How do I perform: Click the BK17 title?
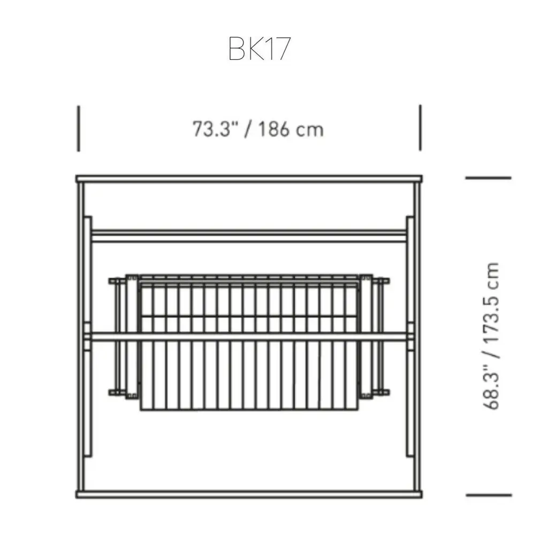260,49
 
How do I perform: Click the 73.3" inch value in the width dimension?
216,129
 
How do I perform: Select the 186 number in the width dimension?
274,129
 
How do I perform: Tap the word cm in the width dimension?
310,130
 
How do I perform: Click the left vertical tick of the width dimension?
79,128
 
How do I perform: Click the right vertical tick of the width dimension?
420,127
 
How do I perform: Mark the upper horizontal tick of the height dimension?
488,178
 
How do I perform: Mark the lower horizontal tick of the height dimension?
489,495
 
